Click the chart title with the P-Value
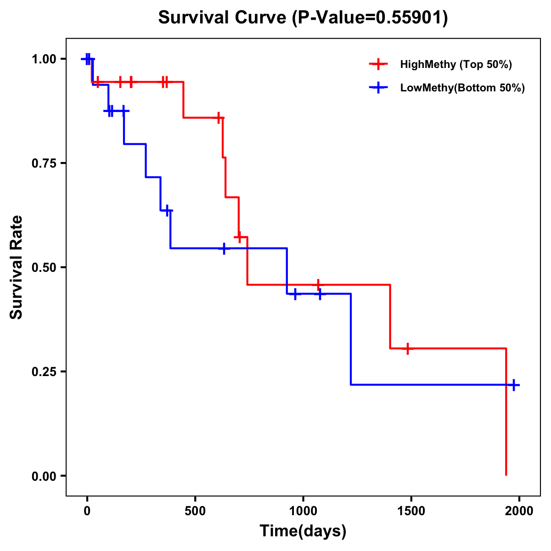[x=303, y=17]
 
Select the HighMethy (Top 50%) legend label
[x=456, y=64]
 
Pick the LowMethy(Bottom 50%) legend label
[x=462, y=88]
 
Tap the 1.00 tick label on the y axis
[x=44, y=59]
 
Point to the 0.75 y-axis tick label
[x=44, y=163]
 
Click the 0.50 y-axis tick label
[x=44, y=268]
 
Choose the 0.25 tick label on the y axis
[x=44, y=372]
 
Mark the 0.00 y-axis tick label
[x=44, y=476]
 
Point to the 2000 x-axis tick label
[x=519, y=511]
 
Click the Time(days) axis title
[x=303, y=531]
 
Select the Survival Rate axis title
[x=17, y=267]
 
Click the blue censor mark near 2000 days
[x=514, y=385]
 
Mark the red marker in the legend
[x=378, y=64]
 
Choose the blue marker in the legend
[x=378, y=88]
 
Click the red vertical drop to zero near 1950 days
[x=506, y=413]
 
